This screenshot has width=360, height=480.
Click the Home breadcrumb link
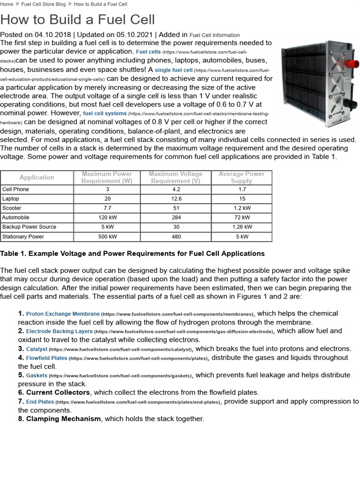[x=7, y=4]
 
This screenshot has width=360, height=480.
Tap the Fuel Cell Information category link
[x=214, y=35]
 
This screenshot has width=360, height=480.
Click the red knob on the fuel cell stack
[x=348, y=63]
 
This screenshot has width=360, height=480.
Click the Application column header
[x=37, y=177]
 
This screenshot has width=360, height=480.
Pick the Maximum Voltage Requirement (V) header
[x=176, y=177]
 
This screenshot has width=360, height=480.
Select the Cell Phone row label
[x=15, y=189]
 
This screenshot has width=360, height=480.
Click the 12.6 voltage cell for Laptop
[x=176, y=199]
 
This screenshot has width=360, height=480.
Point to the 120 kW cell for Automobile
[x=107, y=217]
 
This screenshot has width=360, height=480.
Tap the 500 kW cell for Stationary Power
[x=107, y=237]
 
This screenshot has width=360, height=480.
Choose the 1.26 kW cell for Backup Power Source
[x=242, y=227]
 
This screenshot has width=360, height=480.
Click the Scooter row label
[x=12, y=208]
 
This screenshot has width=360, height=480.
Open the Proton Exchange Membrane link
[x=63, y=314]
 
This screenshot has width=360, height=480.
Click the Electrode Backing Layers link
[x=60, y=331]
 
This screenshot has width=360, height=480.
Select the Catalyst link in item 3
[x=37, y=349]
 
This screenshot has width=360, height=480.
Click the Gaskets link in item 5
[x=37, y=375]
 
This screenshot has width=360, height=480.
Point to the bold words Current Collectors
[x=58, y=392]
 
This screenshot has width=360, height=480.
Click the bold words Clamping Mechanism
[x=63, y=419]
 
